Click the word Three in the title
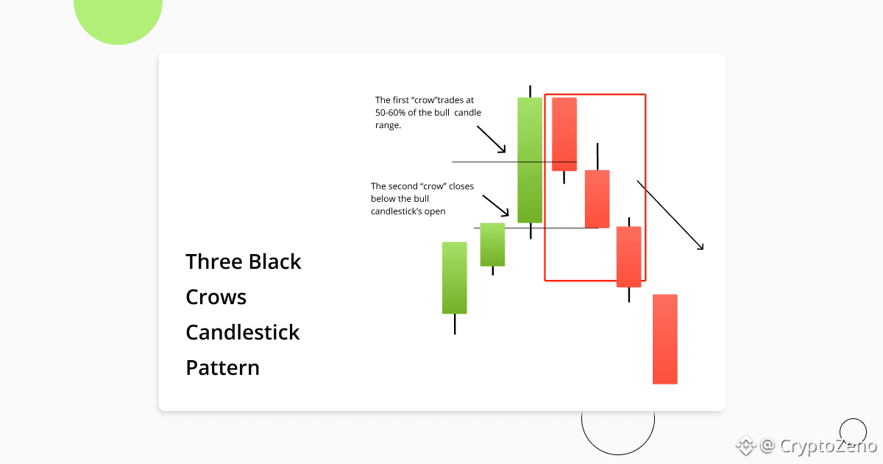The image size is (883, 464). (x=214, y=261)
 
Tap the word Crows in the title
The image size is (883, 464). (x=216, y=297)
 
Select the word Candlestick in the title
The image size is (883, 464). (x=243, y=332)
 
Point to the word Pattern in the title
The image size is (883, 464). (x=223, y=368)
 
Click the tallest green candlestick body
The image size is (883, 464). (x=530, y=161)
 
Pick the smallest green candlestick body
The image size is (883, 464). (x=492, y=245)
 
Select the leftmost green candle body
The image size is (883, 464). (x=455, y=278)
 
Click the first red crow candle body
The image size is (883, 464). (x=564, y=134)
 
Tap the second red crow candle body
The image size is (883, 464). (x=597, y=200)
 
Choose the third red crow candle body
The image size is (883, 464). (x=628, y=257)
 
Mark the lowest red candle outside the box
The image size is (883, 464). (x=665, y=340)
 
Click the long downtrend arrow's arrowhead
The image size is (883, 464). (x=701, y=247)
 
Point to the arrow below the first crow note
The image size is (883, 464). (x=492, y=139)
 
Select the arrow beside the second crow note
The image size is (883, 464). (x=496, y=205)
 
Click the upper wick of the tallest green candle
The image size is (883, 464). (x=531, y=91)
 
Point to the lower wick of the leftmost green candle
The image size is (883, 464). (x=455, y=324)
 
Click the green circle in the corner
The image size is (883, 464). (x=118, y=20)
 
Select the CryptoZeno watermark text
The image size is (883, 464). (x=829, y=446)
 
